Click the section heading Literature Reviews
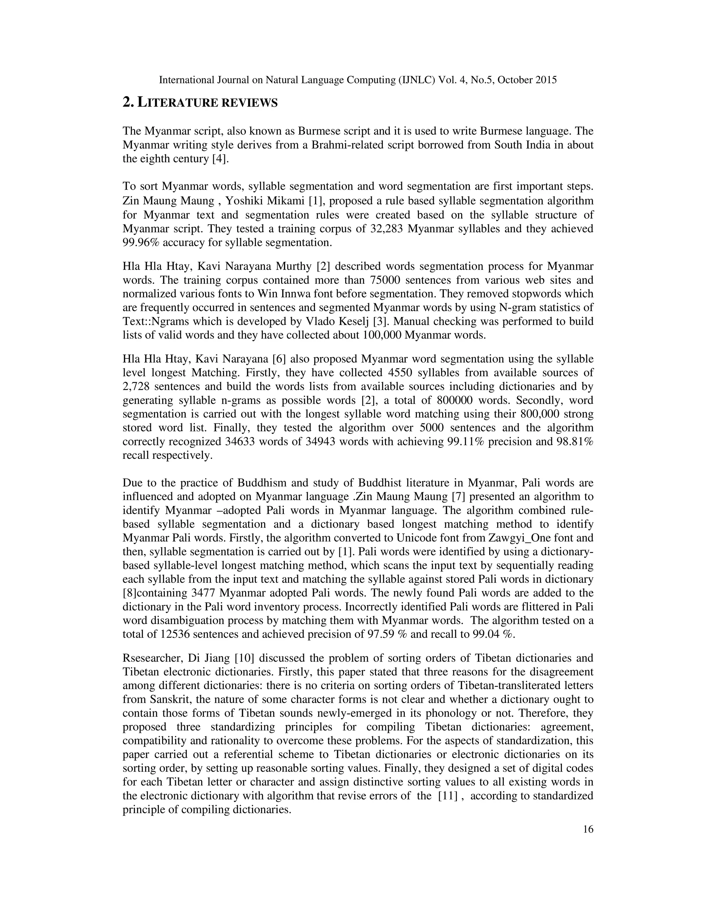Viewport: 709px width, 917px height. [x=200, y=102]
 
